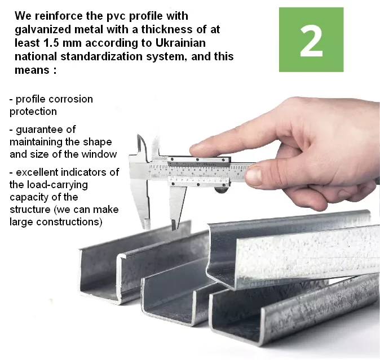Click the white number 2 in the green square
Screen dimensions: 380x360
[x=311, y=41]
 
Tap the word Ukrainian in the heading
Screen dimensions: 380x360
[x=180, y=43]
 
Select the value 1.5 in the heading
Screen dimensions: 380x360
[x=51, y=43]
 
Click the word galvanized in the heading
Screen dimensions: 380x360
[x=43, y=29]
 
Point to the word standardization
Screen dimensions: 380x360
[x=101, y=56]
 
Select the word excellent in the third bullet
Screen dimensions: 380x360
[x=37, y=172]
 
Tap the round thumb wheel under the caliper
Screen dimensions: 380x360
[x=221, y=189]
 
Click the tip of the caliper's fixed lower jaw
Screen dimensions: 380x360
[x=147, y=226]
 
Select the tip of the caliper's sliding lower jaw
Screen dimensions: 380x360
[x=174, y=227]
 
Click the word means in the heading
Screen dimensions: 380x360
[x=32, y=70]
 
